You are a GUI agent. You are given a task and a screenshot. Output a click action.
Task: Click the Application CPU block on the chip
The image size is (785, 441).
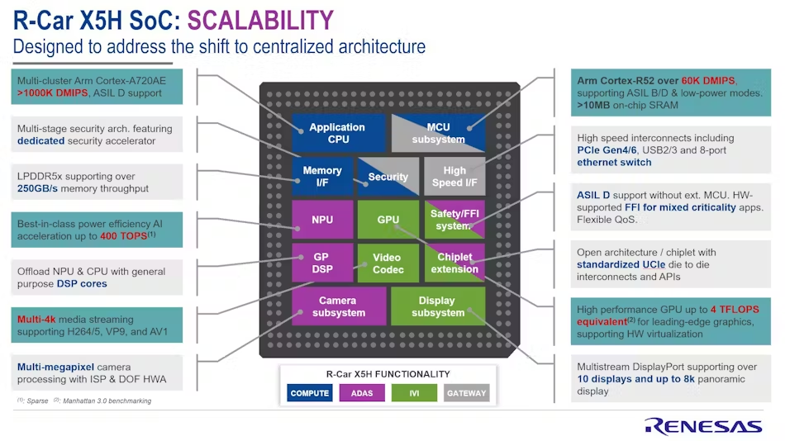click(339, 133)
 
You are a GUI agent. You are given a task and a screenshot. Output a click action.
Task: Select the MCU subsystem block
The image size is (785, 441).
click(438, 133)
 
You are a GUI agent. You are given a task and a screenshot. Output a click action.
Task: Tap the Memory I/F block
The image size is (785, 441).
click(322, 177)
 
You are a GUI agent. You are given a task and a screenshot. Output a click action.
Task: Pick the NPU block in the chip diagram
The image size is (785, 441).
click(322, 220)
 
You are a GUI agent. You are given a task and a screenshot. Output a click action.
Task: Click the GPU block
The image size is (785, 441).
click(388, 220)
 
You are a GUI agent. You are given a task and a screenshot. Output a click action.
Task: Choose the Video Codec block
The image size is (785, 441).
click(388, 263)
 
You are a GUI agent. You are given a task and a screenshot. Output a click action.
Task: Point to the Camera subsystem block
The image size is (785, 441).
click(339, 306)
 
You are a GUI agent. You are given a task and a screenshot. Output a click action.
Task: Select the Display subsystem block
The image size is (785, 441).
click(438, 306)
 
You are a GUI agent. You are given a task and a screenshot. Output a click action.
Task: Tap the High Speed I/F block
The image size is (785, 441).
click(454, 177)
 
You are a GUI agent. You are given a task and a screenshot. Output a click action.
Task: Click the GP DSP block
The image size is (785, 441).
click(322, 263)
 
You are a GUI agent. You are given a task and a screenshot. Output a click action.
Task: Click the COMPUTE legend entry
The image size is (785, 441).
click(309, 393)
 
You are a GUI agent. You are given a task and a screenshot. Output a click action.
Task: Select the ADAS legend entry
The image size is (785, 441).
click(362, 393)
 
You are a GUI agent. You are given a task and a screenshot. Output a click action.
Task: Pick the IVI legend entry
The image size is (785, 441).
click(414, 393)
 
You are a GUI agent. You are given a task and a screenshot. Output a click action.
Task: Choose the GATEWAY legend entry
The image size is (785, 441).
click(467, 393)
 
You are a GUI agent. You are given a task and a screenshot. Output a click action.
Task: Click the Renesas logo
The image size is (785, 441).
click(703, 426)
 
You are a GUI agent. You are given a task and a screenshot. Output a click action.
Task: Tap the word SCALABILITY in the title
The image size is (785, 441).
click(260, 21)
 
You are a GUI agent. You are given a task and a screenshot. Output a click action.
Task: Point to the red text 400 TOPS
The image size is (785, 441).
click(124, 236)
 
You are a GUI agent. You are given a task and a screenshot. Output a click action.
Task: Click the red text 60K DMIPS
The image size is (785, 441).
click(708, 81)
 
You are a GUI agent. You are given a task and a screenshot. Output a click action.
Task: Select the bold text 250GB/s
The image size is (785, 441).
click(37, 189)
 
